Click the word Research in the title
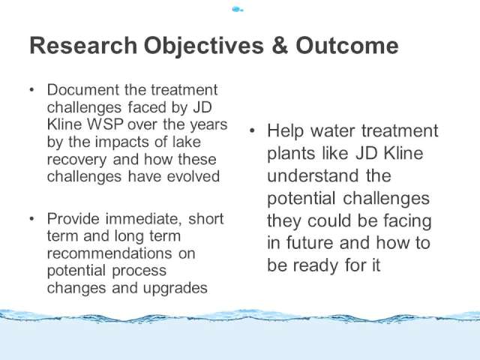[83, 46]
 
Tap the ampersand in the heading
[280, 46]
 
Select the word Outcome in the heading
[346, 46]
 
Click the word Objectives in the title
[204, 46]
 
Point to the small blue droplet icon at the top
[238, 10]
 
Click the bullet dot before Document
[31, 90]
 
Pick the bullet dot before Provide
[31, 219]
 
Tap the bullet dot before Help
[252, 131]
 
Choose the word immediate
[143, 219]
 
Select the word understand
[313, 175]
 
